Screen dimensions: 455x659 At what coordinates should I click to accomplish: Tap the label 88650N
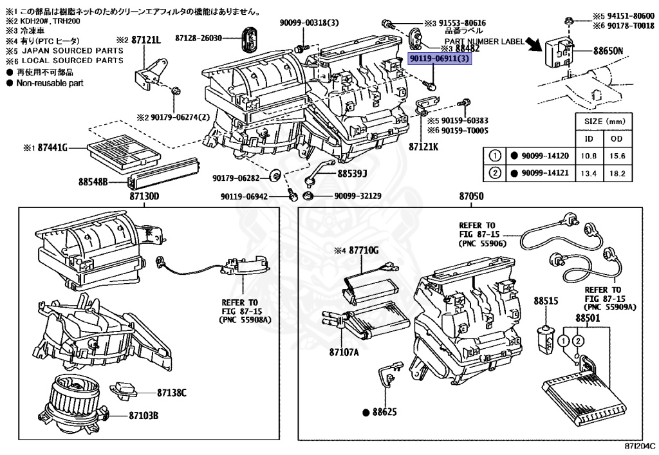[608, 50]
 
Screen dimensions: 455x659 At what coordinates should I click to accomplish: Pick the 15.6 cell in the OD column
[617, 156]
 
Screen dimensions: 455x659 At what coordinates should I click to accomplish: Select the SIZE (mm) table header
[603, 121]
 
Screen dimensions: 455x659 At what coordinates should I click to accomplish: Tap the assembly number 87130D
[145, 196]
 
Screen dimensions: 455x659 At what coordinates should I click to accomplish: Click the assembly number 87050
[471, 196]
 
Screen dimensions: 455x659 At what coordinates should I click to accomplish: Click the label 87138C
[172, 393]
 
